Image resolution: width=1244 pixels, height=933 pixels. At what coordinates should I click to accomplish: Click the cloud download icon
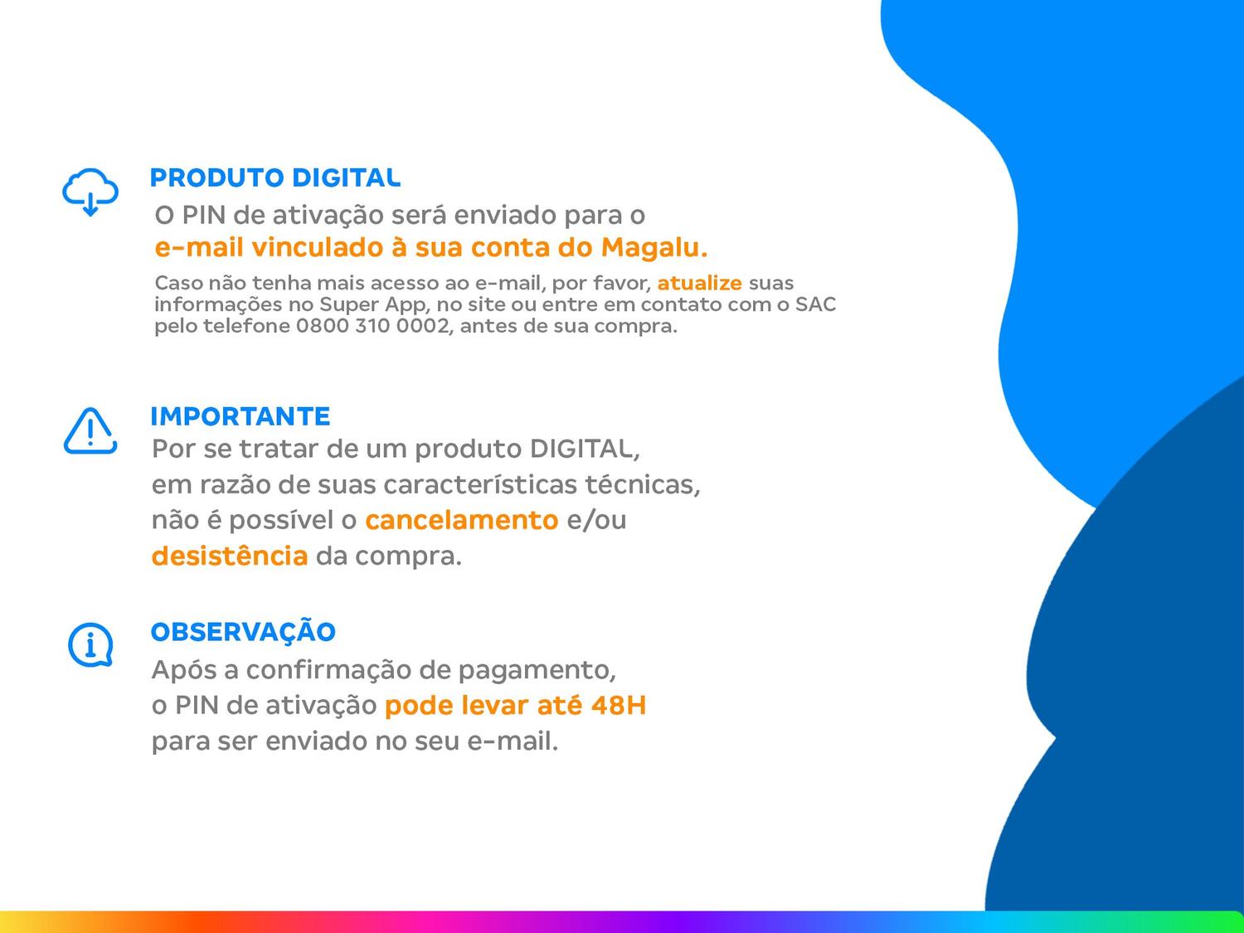coord(90,192)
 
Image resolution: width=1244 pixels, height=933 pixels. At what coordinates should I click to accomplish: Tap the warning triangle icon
coord(90,430)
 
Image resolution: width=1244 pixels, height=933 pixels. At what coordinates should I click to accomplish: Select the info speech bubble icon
coord(90,644)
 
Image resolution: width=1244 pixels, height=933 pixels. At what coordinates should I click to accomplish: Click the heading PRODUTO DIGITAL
coord(275,177)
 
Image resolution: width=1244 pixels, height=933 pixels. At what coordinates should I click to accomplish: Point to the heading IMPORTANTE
coord(241,415)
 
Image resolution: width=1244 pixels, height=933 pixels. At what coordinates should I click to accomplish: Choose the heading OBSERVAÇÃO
coord(243,632)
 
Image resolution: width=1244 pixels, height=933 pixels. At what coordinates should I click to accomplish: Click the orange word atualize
coord(699,283)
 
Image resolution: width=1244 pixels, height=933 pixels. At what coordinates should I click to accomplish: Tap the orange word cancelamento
coord(461,520)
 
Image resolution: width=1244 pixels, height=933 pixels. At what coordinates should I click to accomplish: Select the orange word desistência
coord(230,556)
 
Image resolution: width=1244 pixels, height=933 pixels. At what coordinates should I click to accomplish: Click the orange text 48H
coord(618,706)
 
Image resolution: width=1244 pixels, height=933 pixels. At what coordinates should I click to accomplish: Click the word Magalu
coord(654,247)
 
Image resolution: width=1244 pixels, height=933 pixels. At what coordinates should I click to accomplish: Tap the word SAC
coord(815,304)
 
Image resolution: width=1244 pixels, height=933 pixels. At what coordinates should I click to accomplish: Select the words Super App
coord(372,304)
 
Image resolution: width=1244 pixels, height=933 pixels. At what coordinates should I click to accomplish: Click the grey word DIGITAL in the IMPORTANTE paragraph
coord(584,449)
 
